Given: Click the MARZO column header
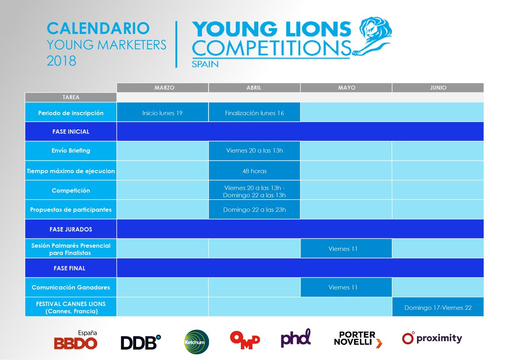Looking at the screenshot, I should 162,88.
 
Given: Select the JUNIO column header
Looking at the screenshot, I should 437,88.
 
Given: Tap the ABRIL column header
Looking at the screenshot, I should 254,88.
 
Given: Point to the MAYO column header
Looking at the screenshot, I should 346,88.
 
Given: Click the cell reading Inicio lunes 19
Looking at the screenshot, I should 162,113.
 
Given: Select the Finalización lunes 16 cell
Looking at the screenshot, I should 254,113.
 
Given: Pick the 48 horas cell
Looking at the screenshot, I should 254,171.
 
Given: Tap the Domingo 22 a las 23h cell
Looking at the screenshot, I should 254,209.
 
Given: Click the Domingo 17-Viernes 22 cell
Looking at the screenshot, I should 437,307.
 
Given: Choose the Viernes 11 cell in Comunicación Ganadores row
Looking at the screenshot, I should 346,287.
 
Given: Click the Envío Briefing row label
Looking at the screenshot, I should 71,151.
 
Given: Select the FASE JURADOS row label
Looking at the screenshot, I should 71,229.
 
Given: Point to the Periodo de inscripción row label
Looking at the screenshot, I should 71,113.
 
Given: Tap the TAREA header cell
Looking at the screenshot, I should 71,97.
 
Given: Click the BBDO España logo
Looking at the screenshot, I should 76,340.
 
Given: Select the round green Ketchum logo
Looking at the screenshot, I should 197,342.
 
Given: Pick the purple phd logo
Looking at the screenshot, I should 296,338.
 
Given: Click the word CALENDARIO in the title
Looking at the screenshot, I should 98,28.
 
